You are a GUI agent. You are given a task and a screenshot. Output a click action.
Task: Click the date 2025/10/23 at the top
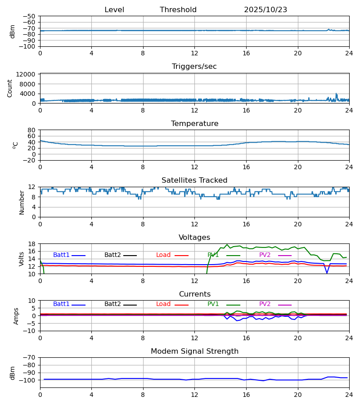(x=265, y=10)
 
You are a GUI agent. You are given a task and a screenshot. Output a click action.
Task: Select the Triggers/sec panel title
(x=194, y=67)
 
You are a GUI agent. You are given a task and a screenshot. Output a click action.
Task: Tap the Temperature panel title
(x=194, y=124)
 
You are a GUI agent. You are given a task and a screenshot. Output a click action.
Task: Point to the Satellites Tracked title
(x=194, y=180)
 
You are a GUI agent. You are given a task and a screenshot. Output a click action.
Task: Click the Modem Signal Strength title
(x=194, y=351)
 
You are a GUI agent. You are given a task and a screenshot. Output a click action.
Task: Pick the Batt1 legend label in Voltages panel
(x=61, y=255)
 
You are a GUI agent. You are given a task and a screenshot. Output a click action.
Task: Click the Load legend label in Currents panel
(x=163, y=304)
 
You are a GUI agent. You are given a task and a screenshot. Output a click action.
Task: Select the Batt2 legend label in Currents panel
(x=112, y=304)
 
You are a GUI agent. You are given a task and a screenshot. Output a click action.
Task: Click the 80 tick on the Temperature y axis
(x=31, y=130)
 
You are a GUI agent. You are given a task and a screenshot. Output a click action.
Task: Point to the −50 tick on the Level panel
(x=29, y=16)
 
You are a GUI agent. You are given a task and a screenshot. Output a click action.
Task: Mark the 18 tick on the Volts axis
(x=31, y=244)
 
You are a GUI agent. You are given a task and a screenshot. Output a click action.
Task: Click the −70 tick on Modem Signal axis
(x=29, y=358)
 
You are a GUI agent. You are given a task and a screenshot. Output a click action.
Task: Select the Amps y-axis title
(x=17, y=316)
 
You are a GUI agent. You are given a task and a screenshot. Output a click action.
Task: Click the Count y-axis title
(x=10, y=88)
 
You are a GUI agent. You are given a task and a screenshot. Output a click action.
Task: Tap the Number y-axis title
(x=22, y=202)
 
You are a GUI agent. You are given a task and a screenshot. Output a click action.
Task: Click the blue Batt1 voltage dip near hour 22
(x=327, y=273)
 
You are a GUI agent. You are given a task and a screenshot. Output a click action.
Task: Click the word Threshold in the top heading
(x=178, y=10)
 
